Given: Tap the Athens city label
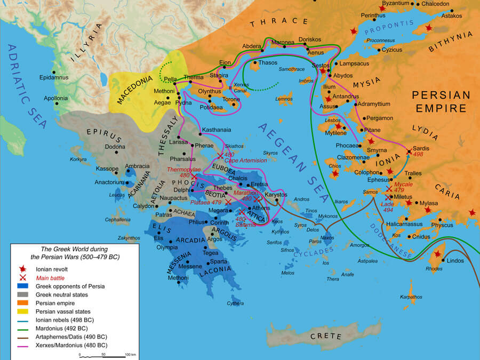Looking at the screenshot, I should tap(261, 208).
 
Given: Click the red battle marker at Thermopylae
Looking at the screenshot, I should tap(194, 177).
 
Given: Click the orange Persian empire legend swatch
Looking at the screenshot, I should tap(22, 303).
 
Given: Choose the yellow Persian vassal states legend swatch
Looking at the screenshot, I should tap(22, 311).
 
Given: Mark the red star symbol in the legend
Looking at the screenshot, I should tap(22, 269).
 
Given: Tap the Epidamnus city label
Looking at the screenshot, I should tap(54, 78).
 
